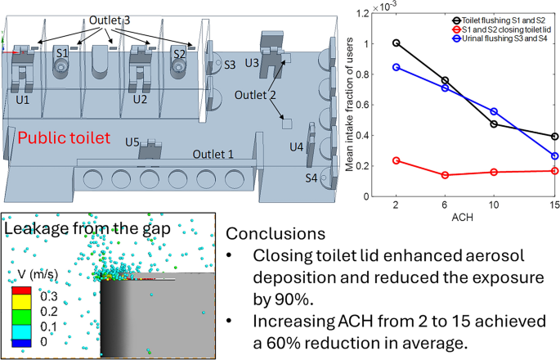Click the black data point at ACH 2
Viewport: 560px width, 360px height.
click(x=396, y=43)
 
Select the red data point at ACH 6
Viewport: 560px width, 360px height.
click(x=445, y=175)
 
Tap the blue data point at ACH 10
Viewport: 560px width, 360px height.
click(x=494, y=111)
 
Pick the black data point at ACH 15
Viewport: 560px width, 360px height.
click(x=554, y=136)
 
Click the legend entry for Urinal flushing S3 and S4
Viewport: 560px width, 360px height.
click(x=500, y=38)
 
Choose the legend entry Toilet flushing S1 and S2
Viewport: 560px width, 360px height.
click(x=499, y=20)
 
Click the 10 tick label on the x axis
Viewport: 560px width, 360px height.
click(x=494, y=205)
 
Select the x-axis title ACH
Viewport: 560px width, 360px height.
click(x=463, y=217)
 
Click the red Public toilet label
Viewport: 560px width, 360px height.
click(x=64, y=138)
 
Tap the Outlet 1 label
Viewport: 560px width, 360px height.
click(x=213, y=154)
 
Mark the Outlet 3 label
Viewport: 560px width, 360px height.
click(x=110, y=20)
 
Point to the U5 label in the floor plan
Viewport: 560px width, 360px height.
click(x=132, y=142)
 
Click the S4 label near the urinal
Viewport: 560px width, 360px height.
click(x=311, y=178)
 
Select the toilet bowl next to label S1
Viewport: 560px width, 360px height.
click(x=61, y=66)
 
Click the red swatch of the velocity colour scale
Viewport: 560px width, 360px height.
click(x=21, y=290)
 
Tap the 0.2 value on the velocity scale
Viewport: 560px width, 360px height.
click(x=49, y=312)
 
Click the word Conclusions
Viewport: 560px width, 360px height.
click(x=276, y=233)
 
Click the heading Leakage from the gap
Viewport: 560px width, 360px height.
click(x=87, y=229)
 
